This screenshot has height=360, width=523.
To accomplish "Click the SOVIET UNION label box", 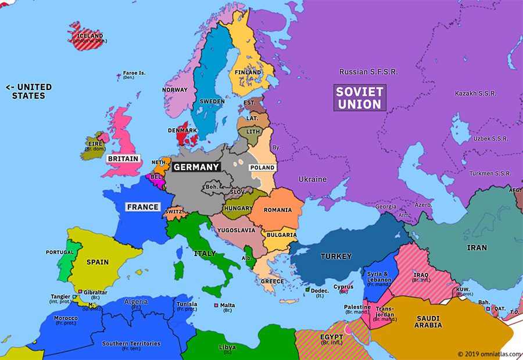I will pyautogui.click(x=360, y=98).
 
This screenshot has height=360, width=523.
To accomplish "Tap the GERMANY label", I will pyautogui.click(x=196, y=167).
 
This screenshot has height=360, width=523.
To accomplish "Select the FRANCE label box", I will pyautogui.click(x=143, y=207).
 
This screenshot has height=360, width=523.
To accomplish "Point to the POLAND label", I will pyautogui.click(x=261, y=168).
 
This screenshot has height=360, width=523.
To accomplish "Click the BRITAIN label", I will pyautogui.click(x=123, y=159).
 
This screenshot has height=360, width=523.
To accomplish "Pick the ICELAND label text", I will pyautogui.click(x=90, y=36).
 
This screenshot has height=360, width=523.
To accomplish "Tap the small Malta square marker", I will pyautogui.click(x=217, y=305).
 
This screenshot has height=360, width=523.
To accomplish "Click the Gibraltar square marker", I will pyautogui.click(x=80, y=291).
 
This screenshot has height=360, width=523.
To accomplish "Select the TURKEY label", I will pyautogui.click(x=336, y=256).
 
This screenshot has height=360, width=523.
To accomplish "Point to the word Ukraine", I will pyautogui.click(x=313, y=179).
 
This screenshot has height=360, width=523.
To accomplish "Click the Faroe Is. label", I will pyautogui.click(x=134, y=74).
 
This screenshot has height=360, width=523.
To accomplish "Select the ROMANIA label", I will pyautogui.click(x=277, y=210).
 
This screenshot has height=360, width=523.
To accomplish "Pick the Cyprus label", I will pyautogui.click(x=343, y=287).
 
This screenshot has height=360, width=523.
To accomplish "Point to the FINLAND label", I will pyautogui.click(x=248, y=73).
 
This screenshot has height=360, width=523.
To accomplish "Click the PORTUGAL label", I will pyautogui.click(x=60, y=253).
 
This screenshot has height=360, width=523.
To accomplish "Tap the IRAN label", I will pyautogui.click(x=477, y=247).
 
